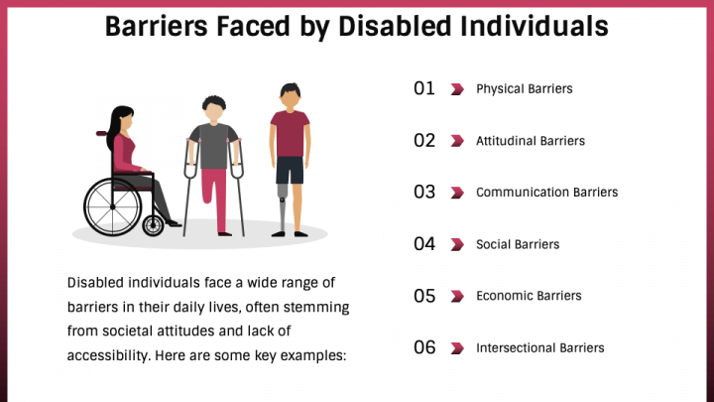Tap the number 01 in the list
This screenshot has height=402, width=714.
pos(424,88)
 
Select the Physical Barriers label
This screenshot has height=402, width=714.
pos(525,89)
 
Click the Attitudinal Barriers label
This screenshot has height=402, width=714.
pos(531,141)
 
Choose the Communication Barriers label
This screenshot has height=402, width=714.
pos(546,193)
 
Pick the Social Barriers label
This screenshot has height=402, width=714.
pos(518,244)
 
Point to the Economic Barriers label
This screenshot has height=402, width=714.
pos(529,296)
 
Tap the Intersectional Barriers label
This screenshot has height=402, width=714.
pos(539,347)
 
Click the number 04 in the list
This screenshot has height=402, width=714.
pos(424,244)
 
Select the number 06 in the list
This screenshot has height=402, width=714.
pos(424,347)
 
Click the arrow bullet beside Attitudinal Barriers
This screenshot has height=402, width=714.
pos(457,141)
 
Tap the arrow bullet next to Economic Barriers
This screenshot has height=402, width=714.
pos(457,296)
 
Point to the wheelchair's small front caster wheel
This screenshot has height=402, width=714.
pos(153,225)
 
